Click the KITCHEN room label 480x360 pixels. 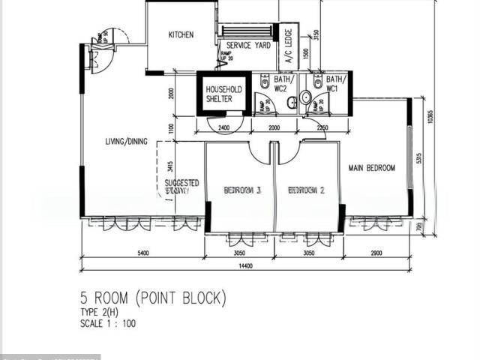click(x=181, y=34)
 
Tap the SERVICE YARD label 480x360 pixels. click(x=248, y=45)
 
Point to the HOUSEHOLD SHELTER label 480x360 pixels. click(x=223, y=94)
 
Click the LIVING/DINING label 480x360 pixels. click(x=126, y=141)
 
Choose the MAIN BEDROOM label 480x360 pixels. click(x=371, y=168)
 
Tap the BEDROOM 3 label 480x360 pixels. click(x=242, y=190)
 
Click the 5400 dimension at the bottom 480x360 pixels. click(x=142, y=253)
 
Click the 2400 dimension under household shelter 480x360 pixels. click(x=223, y=127)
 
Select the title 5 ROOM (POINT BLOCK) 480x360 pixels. click(x=153, y=298)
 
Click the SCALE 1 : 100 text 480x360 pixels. click(x=108, y=324)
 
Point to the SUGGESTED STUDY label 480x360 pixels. click(x=181, y=187)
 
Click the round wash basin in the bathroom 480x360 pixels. click(x=306, y=97)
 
